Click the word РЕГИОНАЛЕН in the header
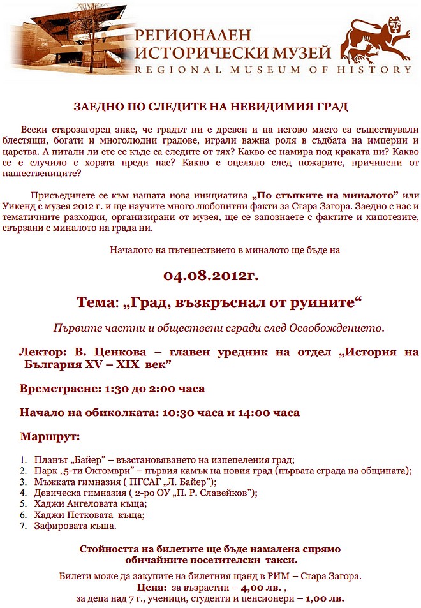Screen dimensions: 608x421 pyautogui.click(x=193, y=34)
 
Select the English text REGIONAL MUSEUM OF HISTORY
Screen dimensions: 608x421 pyautogui.click(x=273, y=70)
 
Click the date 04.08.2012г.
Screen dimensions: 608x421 pyautogui.click(x=210, y=276)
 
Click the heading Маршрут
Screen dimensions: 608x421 pyautogui.click(x=50, y=437)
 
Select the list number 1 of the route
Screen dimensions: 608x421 pyautogui.click(x=23, y=460)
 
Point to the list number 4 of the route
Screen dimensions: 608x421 pyautogui.click(x=23, y=493)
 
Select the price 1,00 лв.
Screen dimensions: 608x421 pyautogui.click(x=323, y=598)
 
